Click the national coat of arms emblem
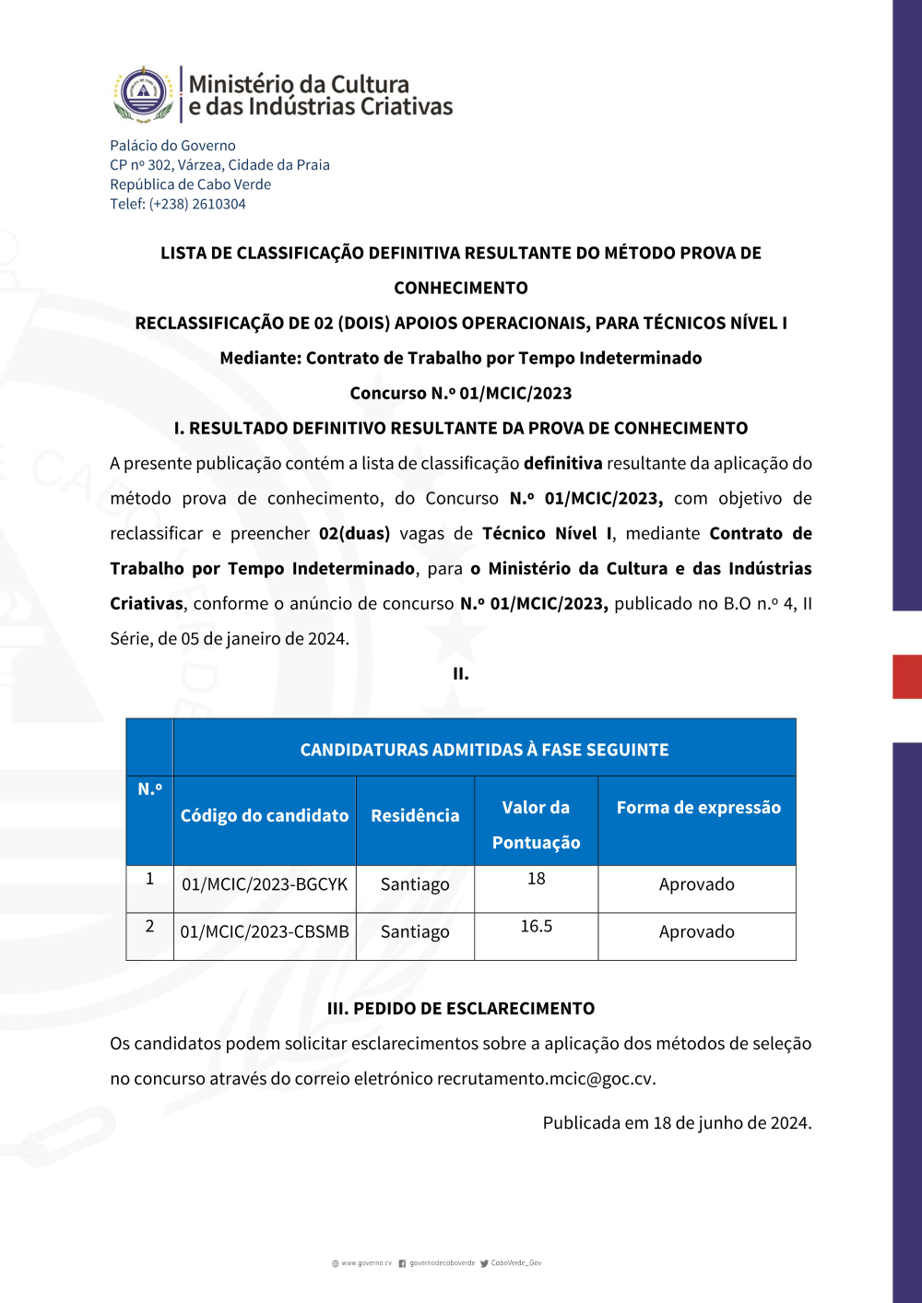[x=143, y=93]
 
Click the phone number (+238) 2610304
[x=197, y=204]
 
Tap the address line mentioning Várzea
[x=219, y=165]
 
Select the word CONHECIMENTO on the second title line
[x=461, y=288]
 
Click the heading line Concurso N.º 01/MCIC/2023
[x=461, y=393]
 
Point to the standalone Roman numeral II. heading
[x=461, y=674]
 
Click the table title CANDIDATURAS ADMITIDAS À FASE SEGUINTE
[x=484, y=750]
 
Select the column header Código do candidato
[x=265, y=815]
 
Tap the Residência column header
[x=415, y=815]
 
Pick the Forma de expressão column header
[x=698, y=808]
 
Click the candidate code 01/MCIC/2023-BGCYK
[x=265, y=884]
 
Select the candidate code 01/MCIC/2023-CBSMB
[x=265, y=932]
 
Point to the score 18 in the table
[x=537, y=879]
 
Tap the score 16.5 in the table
[x=537, y=927]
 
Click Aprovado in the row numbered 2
[x=697, y=932]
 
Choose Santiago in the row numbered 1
[x=415, y=884]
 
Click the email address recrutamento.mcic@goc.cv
[x=545, y=1079]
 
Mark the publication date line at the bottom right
[x=677, y=1123]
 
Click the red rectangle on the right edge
[x=907, y=676]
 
